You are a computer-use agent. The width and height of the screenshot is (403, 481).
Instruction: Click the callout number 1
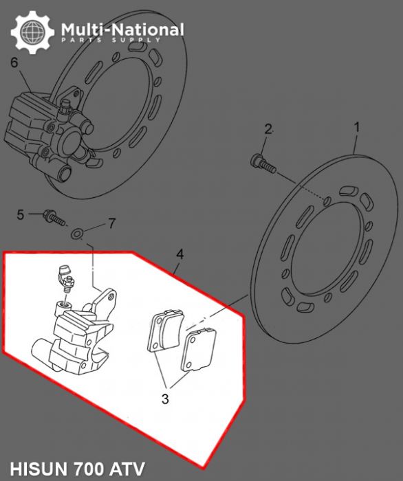click(x=357, y=127)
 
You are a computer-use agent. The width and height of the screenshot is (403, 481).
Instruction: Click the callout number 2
click(x=269, y=128)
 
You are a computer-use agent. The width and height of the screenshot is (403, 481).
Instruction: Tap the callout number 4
click(x=179, y=254)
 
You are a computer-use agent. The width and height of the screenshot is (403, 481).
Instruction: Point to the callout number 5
click(x=21, y=214)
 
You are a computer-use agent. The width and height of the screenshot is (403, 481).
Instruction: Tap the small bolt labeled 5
click(x=53, y=218)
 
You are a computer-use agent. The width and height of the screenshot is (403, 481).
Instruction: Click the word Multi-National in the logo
click(x=122, y=30)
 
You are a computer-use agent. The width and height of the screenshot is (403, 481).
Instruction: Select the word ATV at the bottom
click(x=130, y=469)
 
